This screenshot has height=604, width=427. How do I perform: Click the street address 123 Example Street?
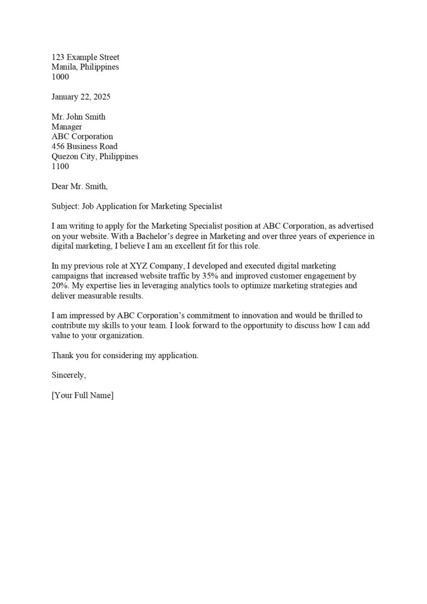(85, 57)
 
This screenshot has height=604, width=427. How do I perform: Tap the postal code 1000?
(60, 77)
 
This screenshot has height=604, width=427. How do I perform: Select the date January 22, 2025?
(81, 97)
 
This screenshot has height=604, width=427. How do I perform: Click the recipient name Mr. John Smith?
(78, 117)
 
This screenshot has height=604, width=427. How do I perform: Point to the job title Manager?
(67, 127)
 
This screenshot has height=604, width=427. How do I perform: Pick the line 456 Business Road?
(84, 146)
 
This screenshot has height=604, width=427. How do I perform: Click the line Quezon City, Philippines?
(95, 156)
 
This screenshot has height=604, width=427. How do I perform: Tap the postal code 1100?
(60, 166)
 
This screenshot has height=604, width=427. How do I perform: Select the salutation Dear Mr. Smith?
(80, 186)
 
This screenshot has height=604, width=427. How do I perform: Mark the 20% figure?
(61, 286)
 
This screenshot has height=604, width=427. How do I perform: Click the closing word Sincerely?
(69, 375)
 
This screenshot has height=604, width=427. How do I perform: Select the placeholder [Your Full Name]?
(82, 395)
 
